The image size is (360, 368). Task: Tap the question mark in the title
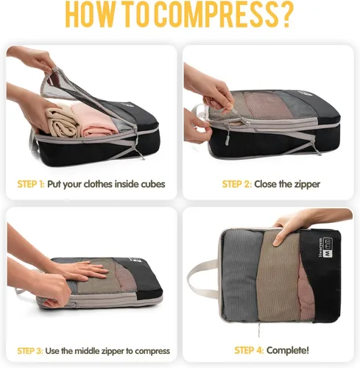[x=285, y=15]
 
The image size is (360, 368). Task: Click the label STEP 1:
[x=31, y=184]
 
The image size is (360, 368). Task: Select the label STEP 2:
[x=237, y=184]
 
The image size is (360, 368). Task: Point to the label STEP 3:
[x=30, y=351]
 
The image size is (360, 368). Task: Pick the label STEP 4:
[x=249, y=350]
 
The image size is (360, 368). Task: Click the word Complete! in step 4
[x=288, y=350]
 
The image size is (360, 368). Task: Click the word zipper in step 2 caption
[x=307, y=185]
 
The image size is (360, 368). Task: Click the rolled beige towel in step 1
[x=63, y=122]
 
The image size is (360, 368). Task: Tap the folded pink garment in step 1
[x=97, y=120]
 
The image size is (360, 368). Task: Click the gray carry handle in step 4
[x=202, y=279]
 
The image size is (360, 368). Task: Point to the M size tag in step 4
[x=327, y=248]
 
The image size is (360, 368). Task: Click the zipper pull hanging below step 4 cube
[x=259, y=330]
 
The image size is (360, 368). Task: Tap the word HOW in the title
[x=88, y=15]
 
